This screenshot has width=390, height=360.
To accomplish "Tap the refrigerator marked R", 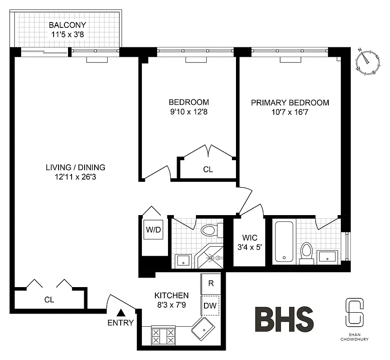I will [x=210, y=283].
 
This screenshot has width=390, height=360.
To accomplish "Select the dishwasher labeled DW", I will [x=210, y=305].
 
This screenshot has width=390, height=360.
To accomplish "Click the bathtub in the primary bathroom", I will [x=284, y=242].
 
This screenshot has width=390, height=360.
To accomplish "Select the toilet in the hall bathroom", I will [x=209, y=230].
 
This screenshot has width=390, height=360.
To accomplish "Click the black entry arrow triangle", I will [x=120, y=312].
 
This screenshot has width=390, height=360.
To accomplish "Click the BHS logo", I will [x=284, y=319].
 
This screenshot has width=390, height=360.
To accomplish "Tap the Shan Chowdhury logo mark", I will [x=353, y=312].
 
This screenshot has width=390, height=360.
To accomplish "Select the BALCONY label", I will [x=68, y=25].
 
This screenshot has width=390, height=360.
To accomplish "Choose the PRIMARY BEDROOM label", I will [x=290, y=103].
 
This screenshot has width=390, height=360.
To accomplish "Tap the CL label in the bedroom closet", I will [x=208, y=170].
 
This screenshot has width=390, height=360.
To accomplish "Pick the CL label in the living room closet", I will [x=49, y=300].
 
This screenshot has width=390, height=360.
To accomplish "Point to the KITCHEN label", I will [x=172, y=296].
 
